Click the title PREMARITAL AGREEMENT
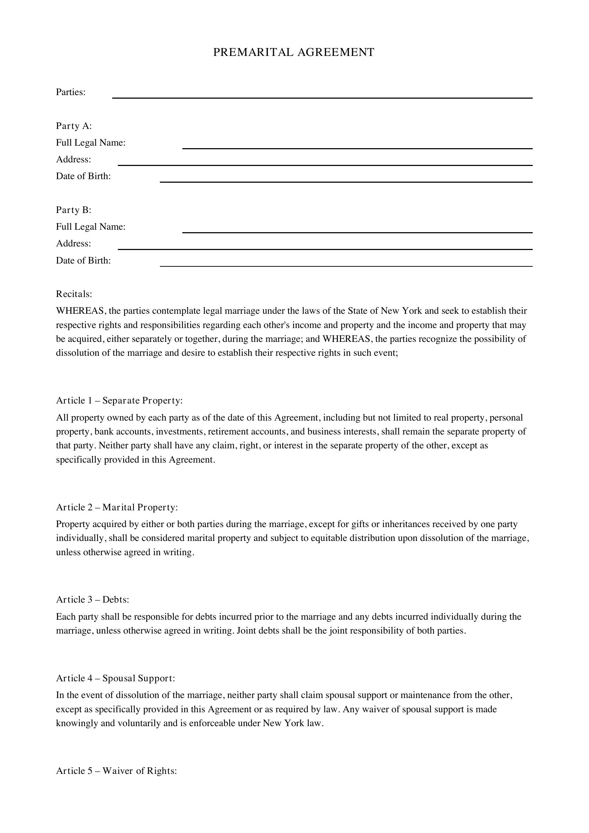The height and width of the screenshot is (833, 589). pos(293,52)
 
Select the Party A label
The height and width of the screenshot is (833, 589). pos(74,126)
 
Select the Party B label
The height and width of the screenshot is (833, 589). pos(74,210)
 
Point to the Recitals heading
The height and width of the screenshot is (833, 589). pos(74,294)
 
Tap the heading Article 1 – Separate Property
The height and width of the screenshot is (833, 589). pos(119,401)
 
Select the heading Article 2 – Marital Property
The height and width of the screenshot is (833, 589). pos(117,507)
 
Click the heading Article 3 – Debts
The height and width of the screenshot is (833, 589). pos(93,600)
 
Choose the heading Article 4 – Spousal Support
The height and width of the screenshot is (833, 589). pos(115,678)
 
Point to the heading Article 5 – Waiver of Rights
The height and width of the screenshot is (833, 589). pos(116,771)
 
